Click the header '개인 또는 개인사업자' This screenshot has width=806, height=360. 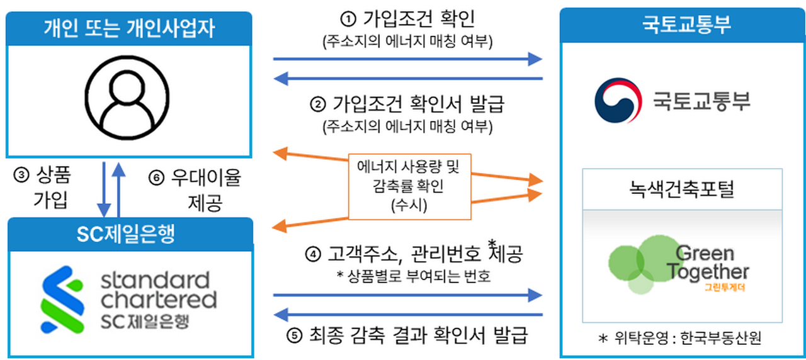coord(129,27)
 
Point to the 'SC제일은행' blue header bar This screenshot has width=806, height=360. coord(129,234)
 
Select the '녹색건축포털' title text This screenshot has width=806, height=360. coord(682,189)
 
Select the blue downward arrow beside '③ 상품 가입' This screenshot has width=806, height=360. coord(104,189)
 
